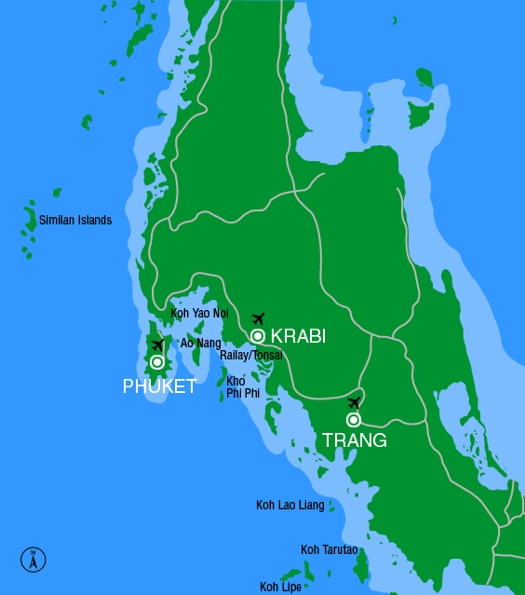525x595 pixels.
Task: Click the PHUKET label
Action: (x=159, y=386)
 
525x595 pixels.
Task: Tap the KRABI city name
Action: (x=298, y=337)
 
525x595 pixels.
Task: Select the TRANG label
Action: (x=354, y=440)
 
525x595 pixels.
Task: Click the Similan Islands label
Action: (x=75, y=221)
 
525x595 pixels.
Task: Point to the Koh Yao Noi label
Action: (x=199, y=313)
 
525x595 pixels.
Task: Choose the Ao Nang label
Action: (x=200, y=344)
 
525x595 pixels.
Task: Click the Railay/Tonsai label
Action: (x=251, y=355)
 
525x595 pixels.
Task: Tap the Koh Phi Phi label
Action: (x=242, y=387)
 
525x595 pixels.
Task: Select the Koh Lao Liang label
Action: (x=290, y=506)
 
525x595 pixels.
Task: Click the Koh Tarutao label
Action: (x=330, y=550)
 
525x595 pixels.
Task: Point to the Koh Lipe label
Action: (x=281, y=587)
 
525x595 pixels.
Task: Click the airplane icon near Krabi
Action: (x=259, y=319)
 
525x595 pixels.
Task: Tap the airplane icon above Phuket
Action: (x=158, y=345)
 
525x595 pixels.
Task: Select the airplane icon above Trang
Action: (x=354, y=402)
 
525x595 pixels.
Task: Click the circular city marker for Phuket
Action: (x=157, y=361)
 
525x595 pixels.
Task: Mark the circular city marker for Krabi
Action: (x=258, y=336)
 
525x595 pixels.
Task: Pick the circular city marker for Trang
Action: (x=354, y=420)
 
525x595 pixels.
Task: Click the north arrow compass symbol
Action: (x=34, y=559)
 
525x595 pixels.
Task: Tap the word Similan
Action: (x=57, y=221)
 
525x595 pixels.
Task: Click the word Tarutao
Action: (x=339, y=550)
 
